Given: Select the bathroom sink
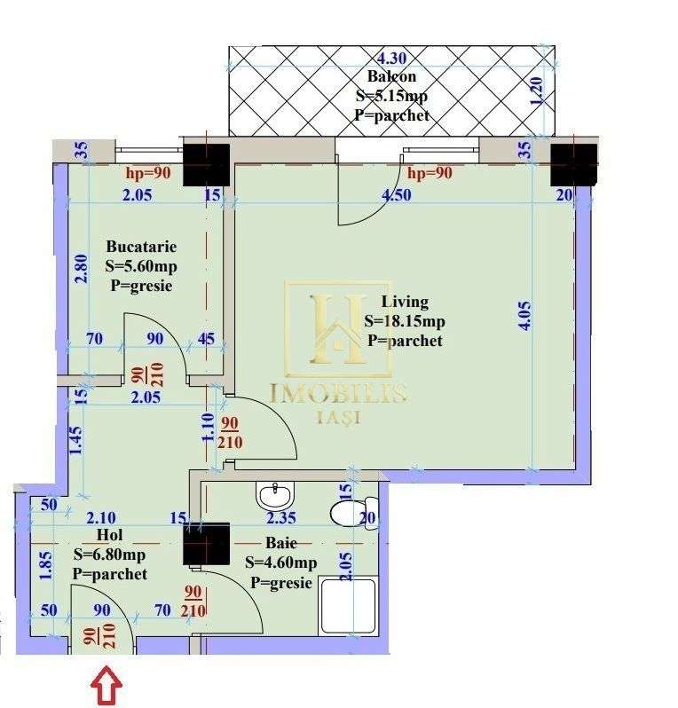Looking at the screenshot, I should click(276, 492).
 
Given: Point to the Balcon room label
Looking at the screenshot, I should click(391, 77).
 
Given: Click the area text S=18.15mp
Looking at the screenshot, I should click(405, 321).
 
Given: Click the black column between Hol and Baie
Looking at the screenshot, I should click(206, 544).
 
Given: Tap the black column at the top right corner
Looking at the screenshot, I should click(572, 164).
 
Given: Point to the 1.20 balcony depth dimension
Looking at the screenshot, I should click(536, 91).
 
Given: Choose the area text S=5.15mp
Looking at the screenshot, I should click(391, 96).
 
